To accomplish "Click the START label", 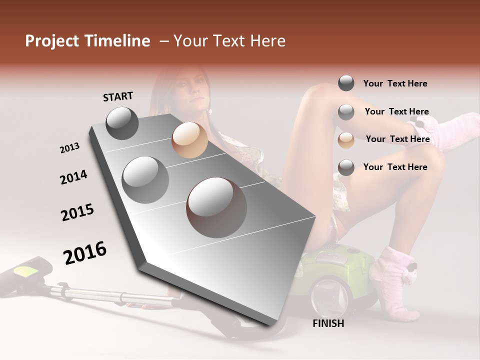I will tap(118, 96).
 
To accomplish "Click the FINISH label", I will tap(328, 323).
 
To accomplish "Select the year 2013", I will tap(69, 148).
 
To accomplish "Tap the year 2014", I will tap(73, 177).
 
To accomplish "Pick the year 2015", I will tap(77, 212).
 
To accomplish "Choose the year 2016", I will tap(85, 252).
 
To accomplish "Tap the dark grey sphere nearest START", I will tap(122, 123).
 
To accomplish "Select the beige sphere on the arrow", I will tap(189, 140).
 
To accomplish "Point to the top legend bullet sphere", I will tap(346, 83).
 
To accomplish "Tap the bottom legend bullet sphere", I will tap(346, 167).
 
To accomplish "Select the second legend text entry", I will tap(396, 111).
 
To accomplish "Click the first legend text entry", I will tap(395, 83).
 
